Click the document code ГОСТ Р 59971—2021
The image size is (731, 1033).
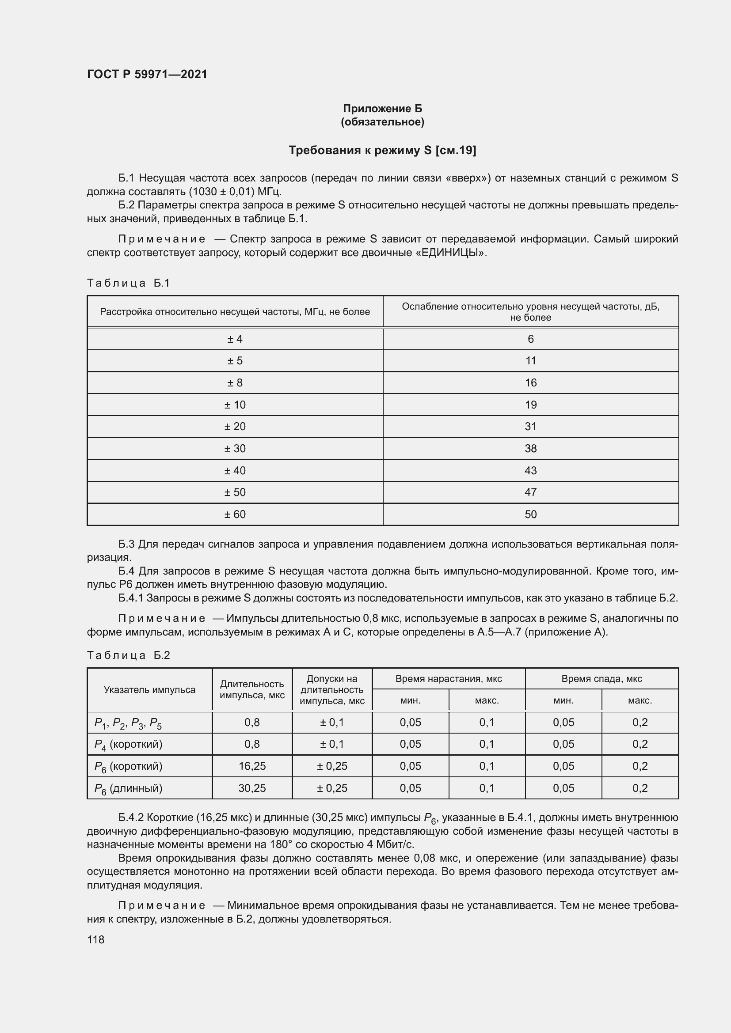pos(147,74)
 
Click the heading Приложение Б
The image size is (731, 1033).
pos(382,109)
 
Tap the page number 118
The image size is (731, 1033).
pos(95,939)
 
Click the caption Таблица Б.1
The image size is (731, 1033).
pos(128,283)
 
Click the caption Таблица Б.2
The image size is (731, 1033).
pos(128,655)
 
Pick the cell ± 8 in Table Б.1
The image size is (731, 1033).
pos(235,383)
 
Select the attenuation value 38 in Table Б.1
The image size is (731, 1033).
pos(531,449)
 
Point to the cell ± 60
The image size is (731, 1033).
pos(235,514)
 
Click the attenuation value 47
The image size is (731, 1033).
pos(531,492)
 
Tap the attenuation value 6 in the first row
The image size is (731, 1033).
pos(531,339)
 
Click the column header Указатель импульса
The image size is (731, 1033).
pos(149,690)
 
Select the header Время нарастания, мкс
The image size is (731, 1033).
pos(448,678)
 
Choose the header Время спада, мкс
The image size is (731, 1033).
pos(602,678)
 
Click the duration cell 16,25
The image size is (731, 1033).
pos(252,766)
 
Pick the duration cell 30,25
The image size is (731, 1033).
pos(252,788)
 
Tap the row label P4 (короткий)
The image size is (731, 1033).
pos(128,745)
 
